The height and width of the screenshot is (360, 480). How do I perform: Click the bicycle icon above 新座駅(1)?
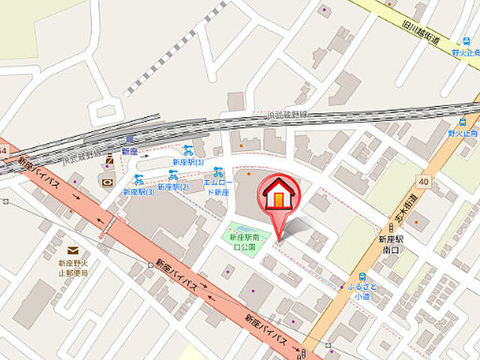[187, 150]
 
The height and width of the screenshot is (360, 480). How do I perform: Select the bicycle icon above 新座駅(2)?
[173, 175]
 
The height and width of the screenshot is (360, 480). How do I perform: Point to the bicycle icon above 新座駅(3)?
[139, 179]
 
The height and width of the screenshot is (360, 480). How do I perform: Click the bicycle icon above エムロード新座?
[218, 172]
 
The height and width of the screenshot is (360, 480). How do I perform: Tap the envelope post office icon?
[73, 250]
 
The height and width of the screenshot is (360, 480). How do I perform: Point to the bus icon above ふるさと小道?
[362, 275]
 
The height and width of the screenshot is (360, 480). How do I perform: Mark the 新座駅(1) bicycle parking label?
[187, 162]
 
